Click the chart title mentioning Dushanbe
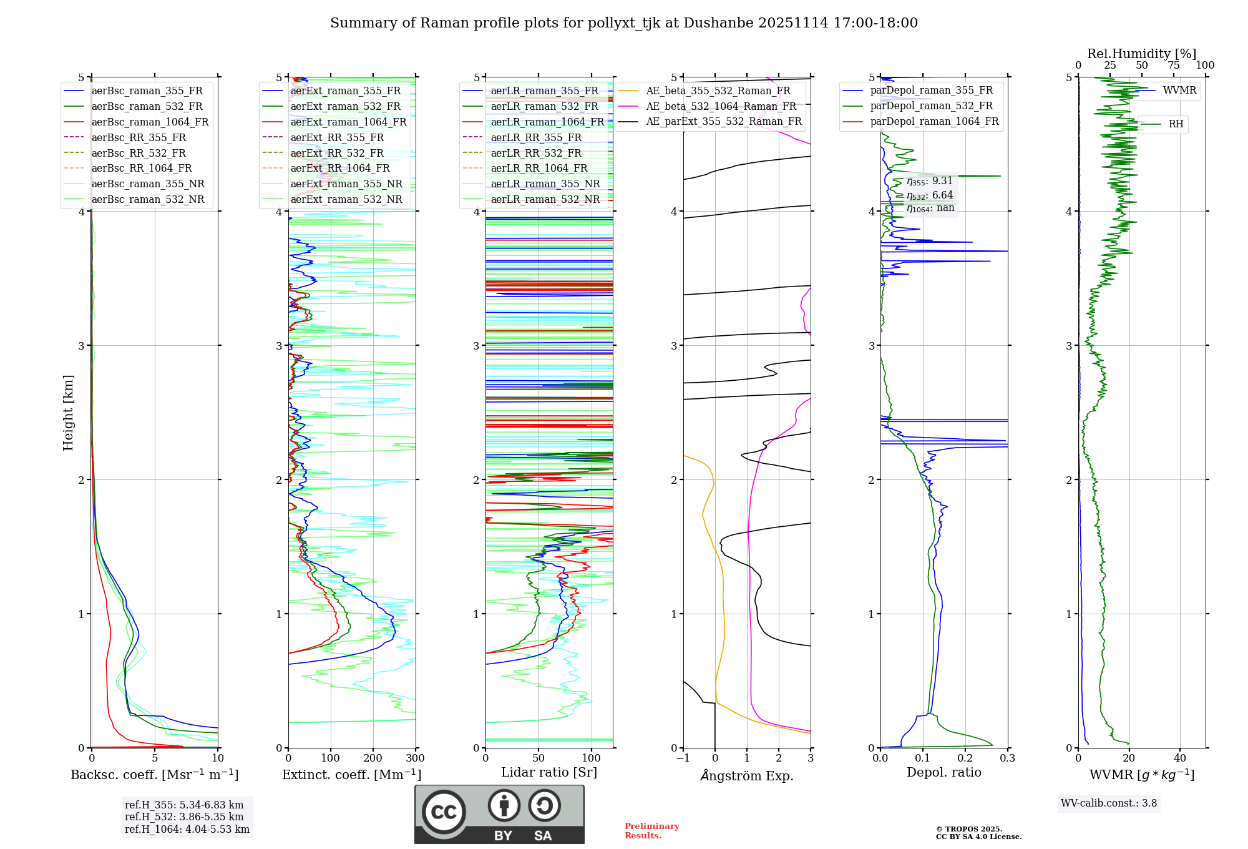[624, 23]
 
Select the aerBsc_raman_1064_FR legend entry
[150, 122]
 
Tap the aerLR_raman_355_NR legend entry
[545, 184]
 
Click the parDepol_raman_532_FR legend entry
[931, 106]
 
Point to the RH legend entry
[1176, 124]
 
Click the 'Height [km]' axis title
[68, 413]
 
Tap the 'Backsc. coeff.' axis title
[154, 775]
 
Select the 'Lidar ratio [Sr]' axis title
[549, 773]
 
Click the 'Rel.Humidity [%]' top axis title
[1141, 54]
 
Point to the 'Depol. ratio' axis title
[943, 773]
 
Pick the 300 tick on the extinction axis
[416, 758]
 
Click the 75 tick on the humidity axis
[1174, 66]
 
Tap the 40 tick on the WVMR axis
[1179, 758]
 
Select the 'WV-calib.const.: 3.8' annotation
[1109, 803]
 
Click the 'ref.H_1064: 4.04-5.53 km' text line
[187, 830]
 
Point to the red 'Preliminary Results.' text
[651, 831]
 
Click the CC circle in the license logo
[444, 812]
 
